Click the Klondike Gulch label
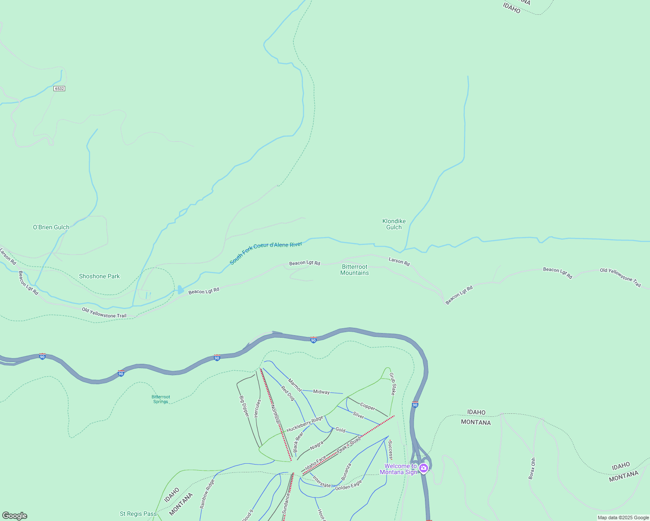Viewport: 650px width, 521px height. [x=394, y=224]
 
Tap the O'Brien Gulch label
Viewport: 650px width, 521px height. [x=51, y=227]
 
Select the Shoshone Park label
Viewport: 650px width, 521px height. [x=99, y=276]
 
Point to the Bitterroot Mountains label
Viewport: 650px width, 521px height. [x=355, y=270]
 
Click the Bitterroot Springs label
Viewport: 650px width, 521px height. [x=161, y=399]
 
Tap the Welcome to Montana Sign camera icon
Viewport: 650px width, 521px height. [x=424, y=468]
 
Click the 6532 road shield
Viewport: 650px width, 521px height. [x=59, y=89]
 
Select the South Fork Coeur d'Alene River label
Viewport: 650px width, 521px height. [x=266, y=253]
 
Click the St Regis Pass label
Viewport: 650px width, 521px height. [x=138, y=514]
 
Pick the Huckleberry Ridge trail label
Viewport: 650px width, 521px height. [x=305, y=424]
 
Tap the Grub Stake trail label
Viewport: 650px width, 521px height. [x=392, y=384]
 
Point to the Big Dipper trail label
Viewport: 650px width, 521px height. [x=244, y=406]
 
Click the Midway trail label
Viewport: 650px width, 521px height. [x=322, y=392]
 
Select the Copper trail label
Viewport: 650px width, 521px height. [x=368, y=407]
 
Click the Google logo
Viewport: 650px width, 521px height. [x=14, y=516]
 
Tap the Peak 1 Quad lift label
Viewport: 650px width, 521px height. [x=349, y=445]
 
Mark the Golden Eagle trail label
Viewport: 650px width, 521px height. [x=348, y=485]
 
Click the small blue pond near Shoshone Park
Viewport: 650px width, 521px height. [x=180, y=290]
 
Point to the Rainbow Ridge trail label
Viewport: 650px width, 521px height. [x=207, y=494]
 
